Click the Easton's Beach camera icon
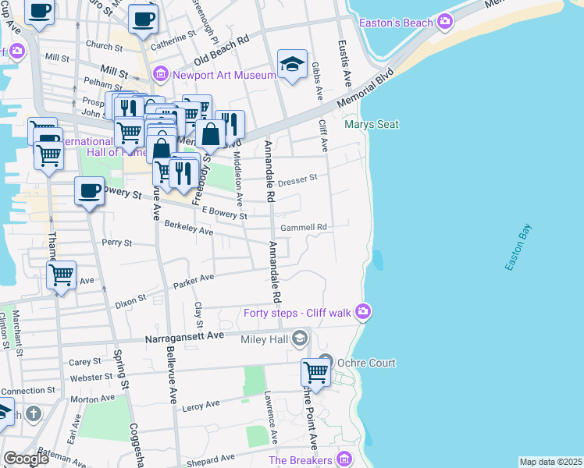445,21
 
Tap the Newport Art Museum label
224,76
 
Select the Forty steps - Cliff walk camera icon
362,313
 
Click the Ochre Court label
367,363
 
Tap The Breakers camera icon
342,459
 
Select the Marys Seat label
372,124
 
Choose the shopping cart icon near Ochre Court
315,372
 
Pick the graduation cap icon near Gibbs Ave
292,64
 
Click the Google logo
27,459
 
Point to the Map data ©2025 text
551,462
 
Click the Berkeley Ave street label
189,227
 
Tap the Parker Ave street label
194,280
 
